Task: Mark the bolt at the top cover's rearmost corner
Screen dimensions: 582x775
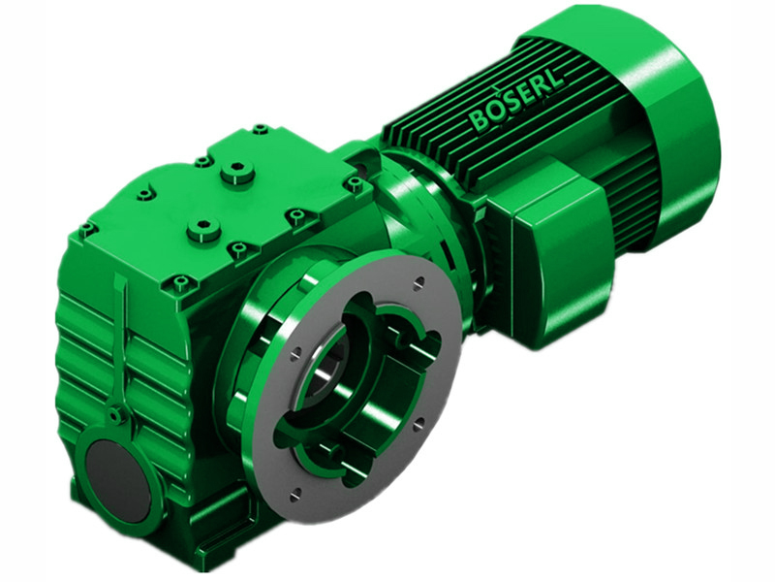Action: (260, 128)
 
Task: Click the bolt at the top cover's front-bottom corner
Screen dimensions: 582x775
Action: (180, 284)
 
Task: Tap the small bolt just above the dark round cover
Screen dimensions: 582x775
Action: (117, 415)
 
